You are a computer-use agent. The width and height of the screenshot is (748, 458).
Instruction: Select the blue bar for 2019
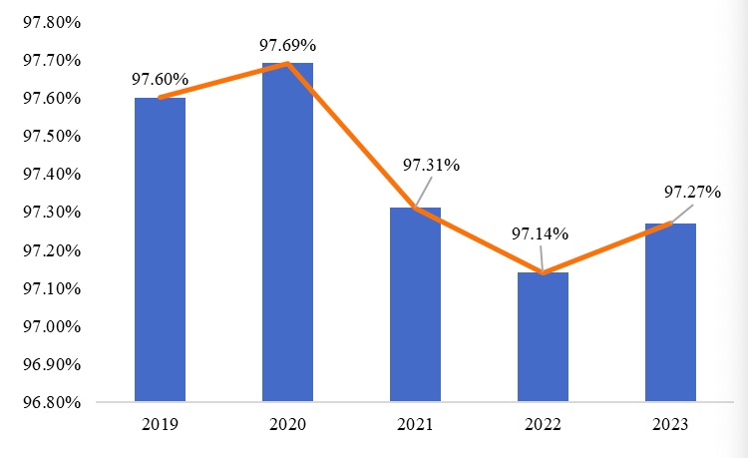[x=160, y=249]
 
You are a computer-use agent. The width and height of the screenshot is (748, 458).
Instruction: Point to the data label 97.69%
[x=287, y=45]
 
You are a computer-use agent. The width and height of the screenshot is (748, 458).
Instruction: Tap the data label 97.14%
[x=540, y=234]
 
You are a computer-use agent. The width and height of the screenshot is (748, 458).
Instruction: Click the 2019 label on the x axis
[x=160, y=424]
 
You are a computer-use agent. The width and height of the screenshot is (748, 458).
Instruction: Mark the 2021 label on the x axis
[x=415, y=424]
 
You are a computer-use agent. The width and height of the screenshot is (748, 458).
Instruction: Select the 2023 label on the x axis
[x=670, y=424]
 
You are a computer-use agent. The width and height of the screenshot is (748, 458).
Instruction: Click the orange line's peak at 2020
[x=287, y=64]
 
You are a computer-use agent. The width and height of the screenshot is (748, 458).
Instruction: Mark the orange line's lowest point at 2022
[x=543, y=272]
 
